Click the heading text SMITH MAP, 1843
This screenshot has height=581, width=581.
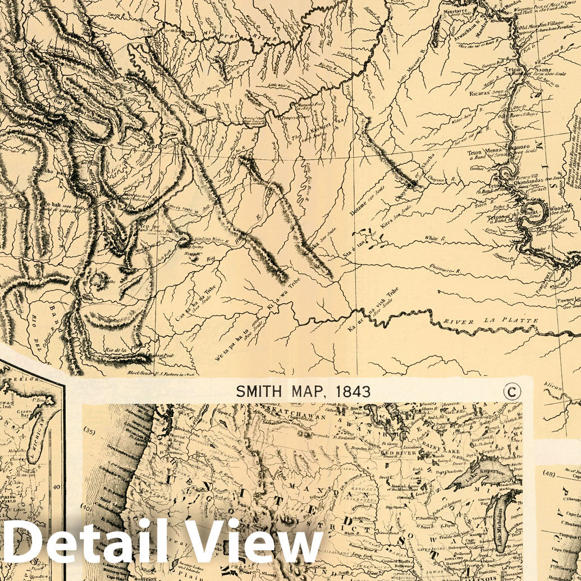pyautogui.click(x=303, y=391)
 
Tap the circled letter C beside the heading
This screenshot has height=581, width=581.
pyautogui.click(x=511, y=391)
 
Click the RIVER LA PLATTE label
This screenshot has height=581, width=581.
pyautogui.click(x=491, y=321)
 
